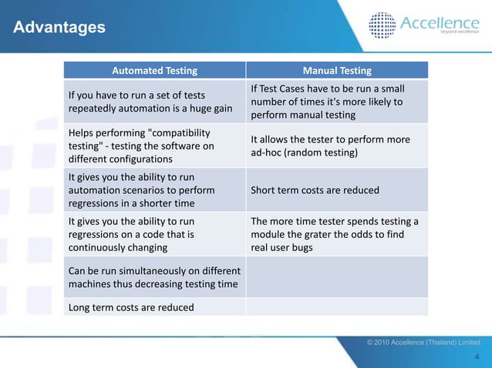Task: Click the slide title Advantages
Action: [x=59, y=28]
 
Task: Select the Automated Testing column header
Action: [x=154, y=71]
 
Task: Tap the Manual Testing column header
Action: [x=337, y=71]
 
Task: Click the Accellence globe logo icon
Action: [x=382, y=25]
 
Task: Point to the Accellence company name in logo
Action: [x=439, y=23]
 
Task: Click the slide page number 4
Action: [x=478, y=356]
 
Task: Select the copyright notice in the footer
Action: [x=424, y=341]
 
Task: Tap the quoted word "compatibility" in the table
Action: [x=174, y=132]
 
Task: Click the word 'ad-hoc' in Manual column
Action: [x=267, y=152]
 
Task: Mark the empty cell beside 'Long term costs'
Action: [x=337, y=308]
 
